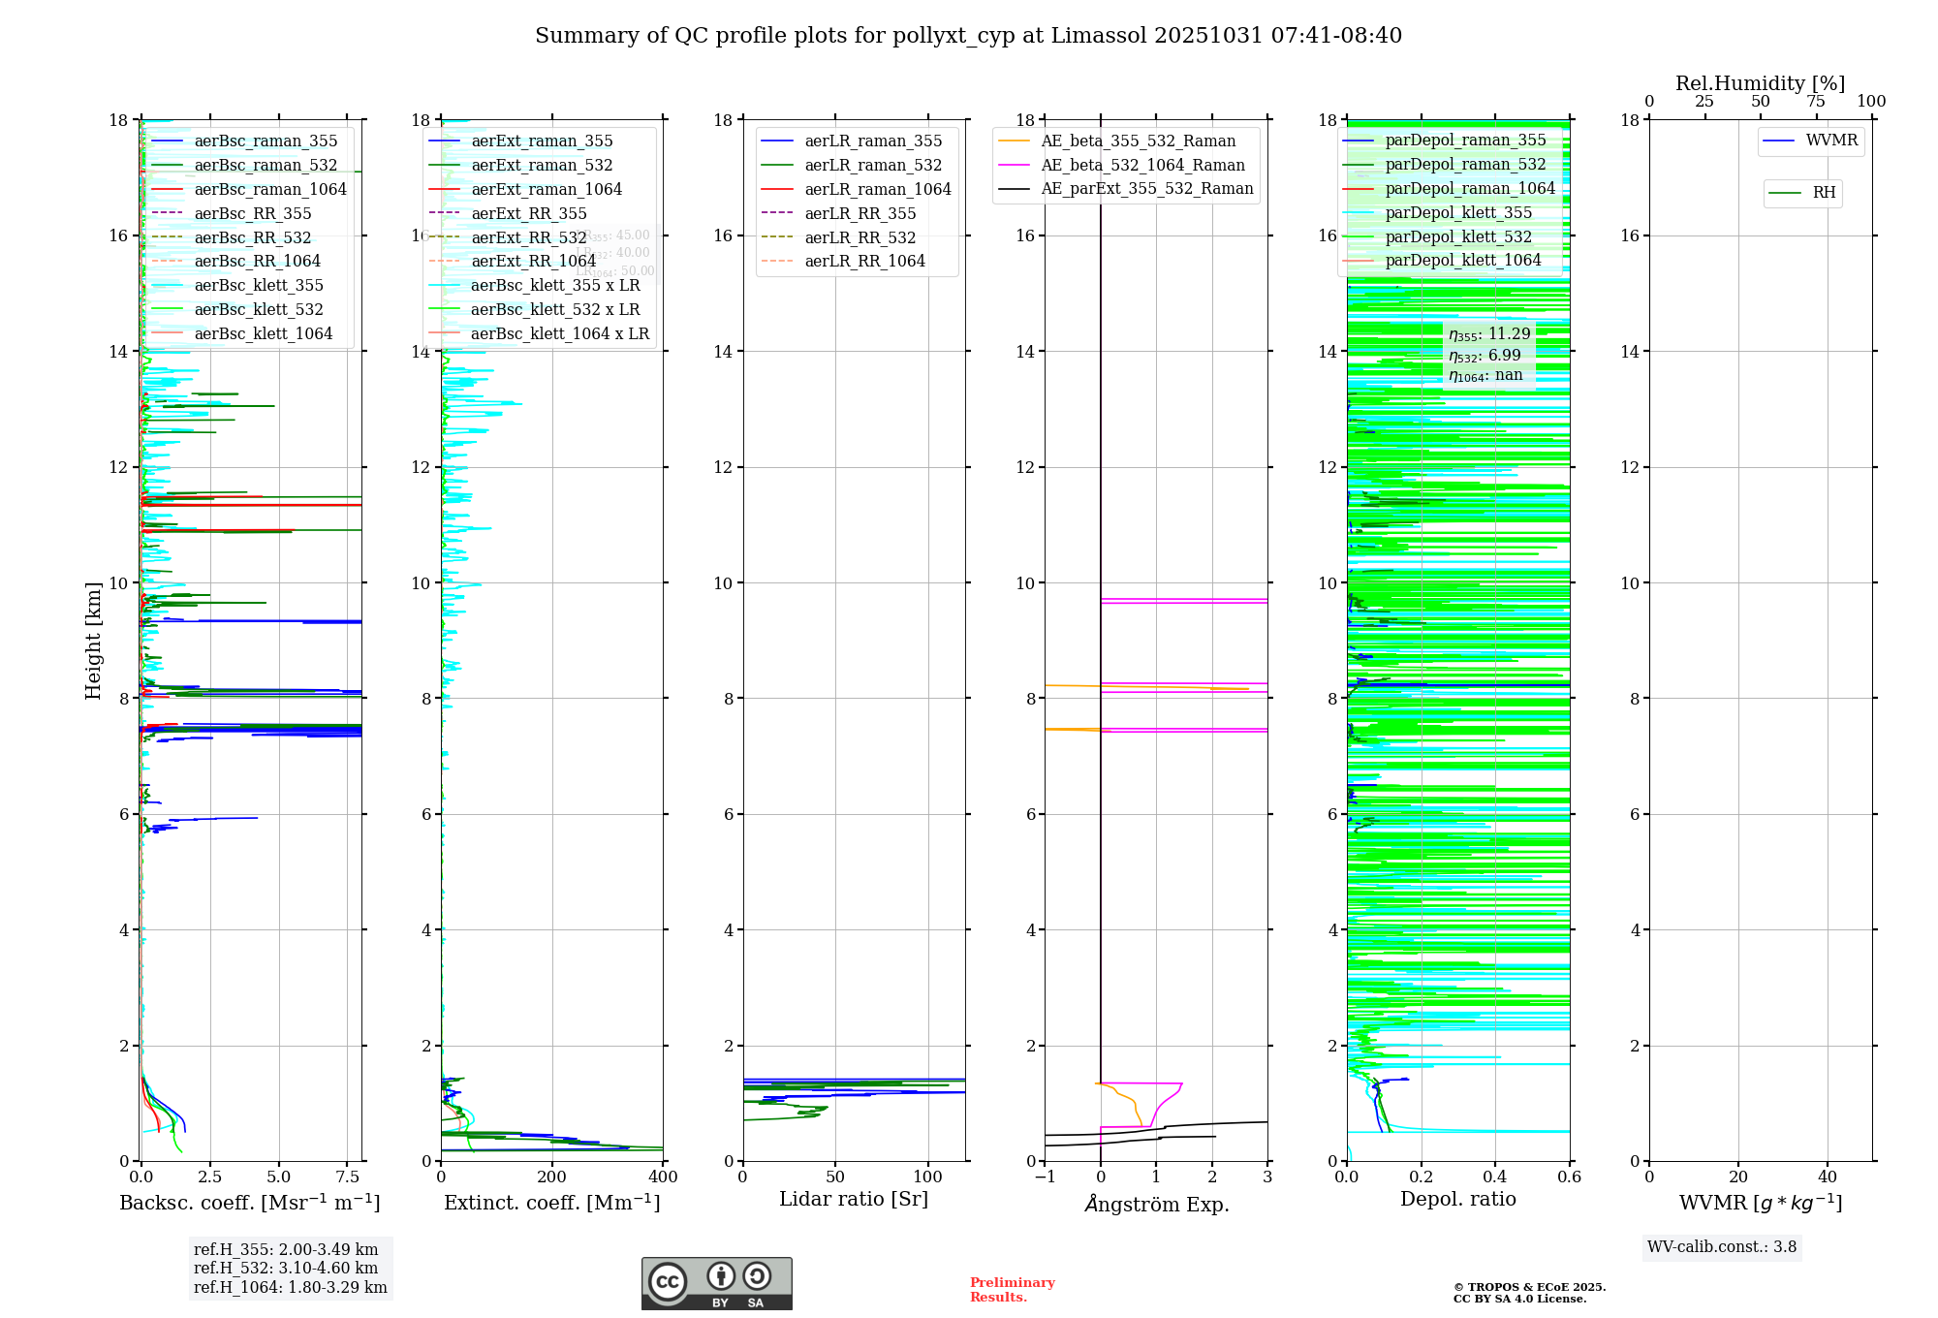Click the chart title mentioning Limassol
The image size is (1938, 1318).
coord(968,36)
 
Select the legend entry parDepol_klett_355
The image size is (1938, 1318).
coord(1457,213)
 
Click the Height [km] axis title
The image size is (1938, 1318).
coord(93,640)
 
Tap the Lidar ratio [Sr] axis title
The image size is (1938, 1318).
coord(854,1200)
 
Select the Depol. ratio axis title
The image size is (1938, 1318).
coord(1457,1200)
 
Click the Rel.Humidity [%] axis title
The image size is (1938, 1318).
coord(1760,84)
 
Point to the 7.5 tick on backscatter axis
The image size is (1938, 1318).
coord(348,1177)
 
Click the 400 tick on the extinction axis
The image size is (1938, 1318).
coord(663,1177)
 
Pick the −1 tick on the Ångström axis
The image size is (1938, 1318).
coord(1044,1177)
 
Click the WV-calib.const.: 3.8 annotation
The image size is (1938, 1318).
coord(1721,1247)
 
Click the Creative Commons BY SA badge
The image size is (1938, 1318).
coord(716,1284)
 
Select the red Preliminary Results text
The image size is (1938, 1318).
coord(1012,1290)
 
